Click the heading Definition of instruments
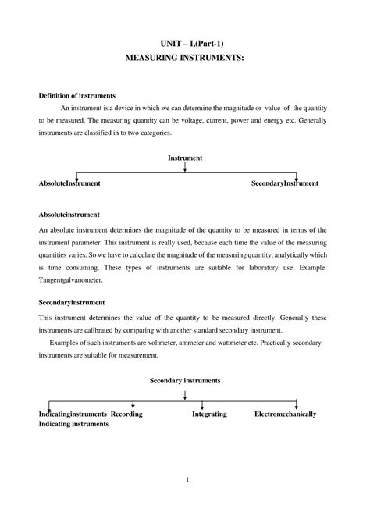77,94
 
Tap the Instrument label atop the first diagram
185,158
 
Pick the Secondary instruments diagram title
185,380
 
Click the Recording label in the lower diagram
126,414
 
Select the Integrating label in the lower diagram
209,414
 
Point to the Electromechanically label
285,414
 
